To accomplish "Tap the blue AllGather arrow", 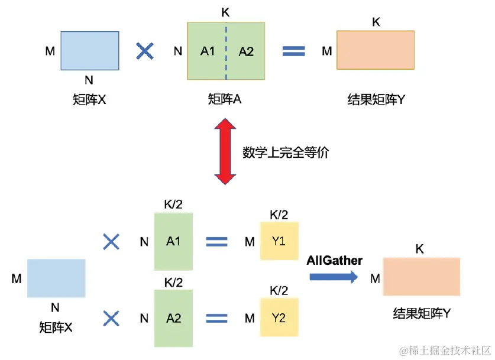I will [334, 275].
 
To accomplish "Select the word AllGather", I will [335, 260].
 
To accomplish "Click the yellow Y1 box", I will [279, 241].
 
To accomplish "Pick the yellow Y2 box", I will [279, 318].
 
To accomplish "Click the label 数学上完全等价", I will [286, 152].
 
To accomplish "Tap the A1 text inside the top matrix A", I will [208, 51].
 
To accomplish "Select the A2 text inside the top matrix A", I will [246, 51].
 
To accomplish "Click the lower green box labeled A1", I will [173, 241].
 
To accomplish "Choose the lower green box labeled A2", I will [173, 318].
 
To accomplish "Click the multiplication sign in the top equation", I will [144, 51].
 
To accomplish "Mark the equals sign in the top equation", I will [293, 51].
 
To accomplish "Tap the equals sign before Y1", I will [216, 241].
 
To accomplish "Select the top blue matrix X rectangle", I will [90, 51].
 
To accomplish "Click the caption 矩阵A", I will [225, 100].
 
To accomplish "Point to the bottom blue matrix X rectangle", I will [56, 278].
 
